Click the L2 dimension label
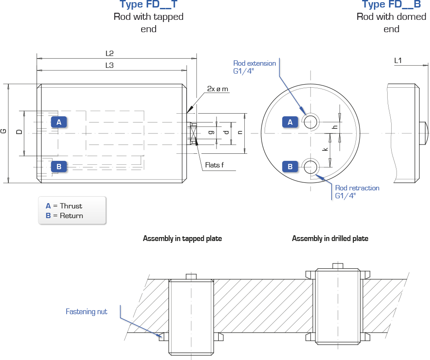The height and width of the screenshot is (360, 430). [x=109, y=53]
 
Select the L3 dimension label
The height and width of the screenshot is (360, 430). [x=109, y=65]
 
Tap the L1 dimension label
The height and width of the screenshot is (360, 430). [x=398, y=60]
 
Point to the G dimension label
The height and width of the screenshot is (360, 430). [x=3, y=131]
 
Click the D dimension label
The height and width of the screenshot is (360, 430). [x=19, y=132]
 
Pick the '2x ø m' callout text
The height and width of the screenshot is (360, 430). [x=217, y=89]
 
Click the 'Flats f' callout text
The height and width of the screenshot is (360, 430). [x=214, y=165]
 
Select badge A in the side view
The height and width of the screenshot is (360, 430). [x=59, y=122]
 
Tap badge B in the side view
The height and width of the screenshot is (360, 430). [x=59, y=167]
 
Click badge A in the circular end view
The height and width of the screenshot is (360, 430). [x=290, y=122]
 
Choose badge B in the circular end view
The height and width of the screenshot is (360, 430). [x=290, y=167]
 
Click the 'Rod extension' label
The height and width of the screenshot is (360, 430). [x=254, y=63]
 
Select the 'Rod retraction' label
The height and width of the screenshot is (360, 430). [x=357, y=188]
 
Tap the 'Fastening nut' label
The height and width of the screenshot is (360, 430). [x=86, y=312]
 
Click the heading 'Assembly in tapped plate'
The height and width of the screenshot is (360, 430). [x=183, y=238]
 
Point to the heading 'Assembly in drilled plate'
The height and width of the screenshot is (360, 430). [x=330, y=238]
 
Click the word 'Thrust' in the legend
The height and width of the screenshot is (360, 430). [x=71, y=206]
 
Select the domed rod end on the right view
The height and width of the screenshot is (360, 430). [x=424, y=133]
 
